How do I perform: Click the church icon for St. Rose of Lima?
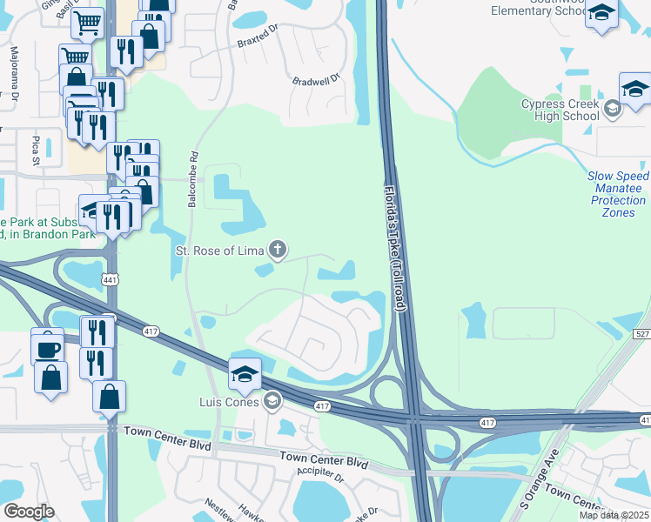point(278,251)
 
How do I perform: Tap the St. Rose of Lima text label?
point(218,252)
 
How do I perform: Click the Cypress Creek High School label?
point(560,110)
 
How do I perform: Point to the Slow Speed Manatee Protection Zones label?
point(618,194)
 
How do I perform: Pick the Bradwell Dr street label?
point(314,79)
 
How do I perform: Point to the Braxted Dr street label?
point(256,41)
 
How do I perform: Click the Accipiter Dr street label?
point(319,475)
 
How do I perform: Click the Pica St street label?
point(36,148)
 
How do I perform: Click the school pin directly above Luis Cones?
point(245,374)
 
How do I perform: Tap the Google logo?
point(29,512)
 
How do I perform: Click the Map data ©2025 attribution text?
point(614,515)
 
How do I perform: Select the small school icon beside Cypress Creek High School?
point(612,109)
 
